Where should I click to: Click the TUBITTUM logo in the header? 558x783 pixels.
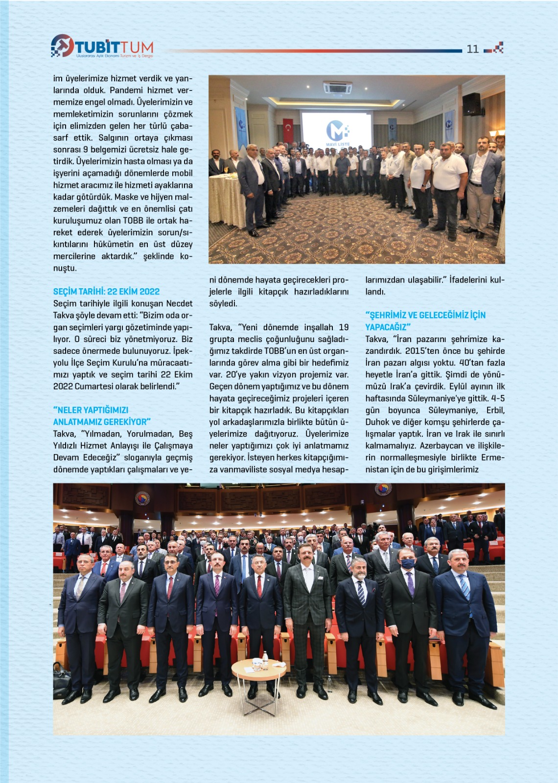pyautogui.click(x=102, y=46)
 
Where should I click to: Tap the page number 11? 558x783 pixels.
pyautogui.click(x=472, y=49)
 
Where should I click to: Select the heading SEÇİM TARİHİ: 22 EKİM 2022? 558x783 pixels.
pyautogui.click(x=106, y=292)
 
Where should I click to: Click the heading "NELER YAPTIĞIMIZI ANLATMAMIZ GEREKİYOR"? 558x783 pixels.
pyautogui.click(x=102, y=416)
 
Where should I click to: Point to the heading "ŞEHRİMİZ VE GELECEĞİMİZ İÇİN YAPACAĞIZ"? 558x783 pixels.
pyautogui.click(x=425, y=321)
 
